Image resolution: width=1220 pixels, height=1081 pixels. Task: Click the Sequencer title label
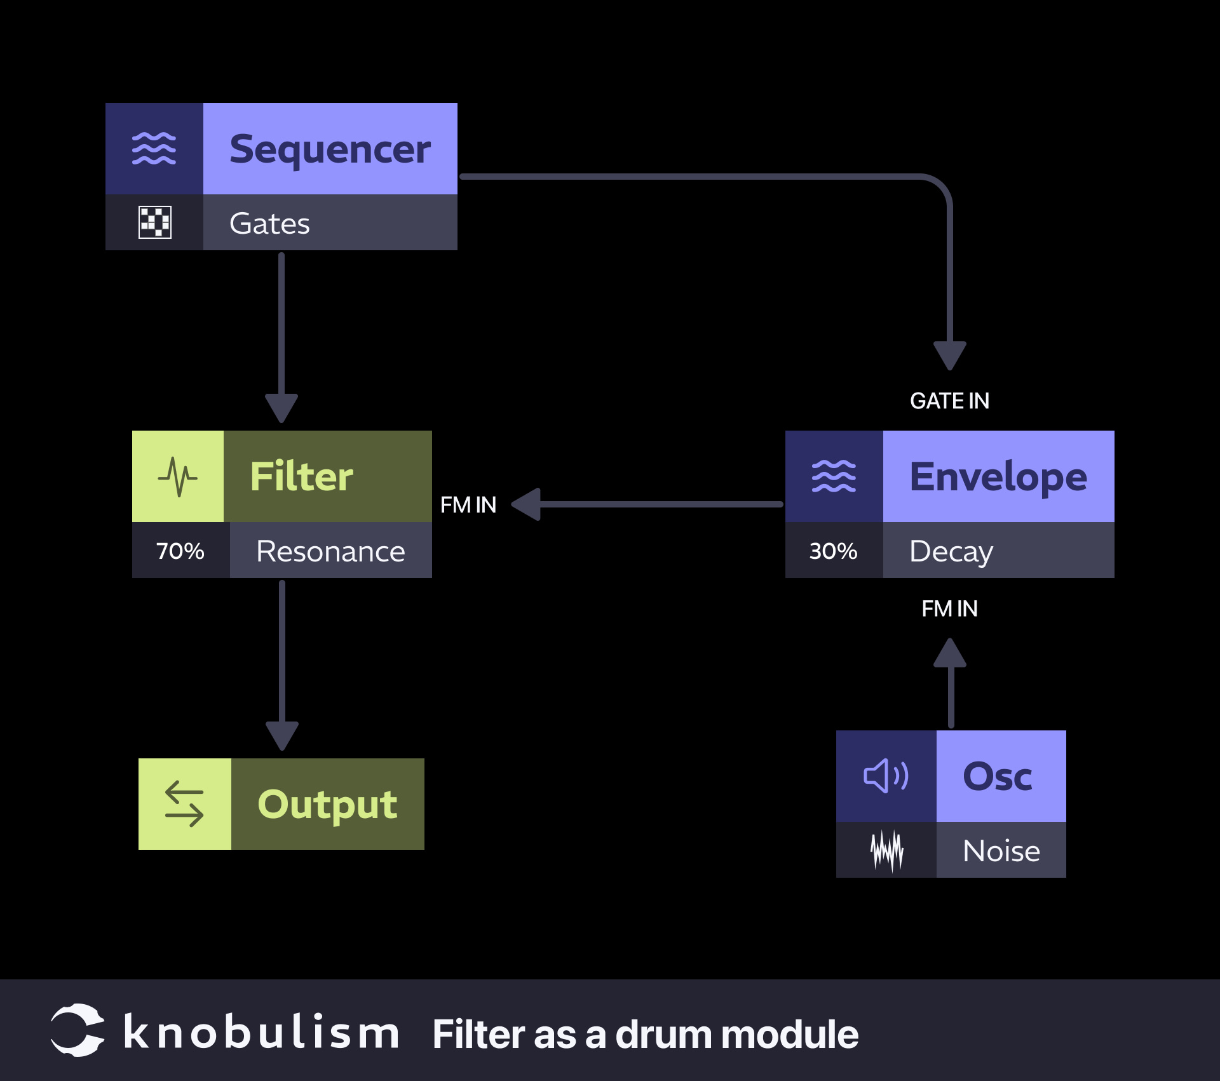click(x=330, y=149)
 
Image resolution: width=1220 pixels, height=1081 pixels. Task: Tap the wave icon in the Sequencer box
click(x=154, y=149)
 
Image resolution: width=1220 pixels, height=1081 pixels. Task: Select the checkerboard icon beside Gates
click(x=154, y=222)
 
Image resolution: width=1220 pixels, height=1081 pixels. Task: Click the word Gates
click(x=269, y=224)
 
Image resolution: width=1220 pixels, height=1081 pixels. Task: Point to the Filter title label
click(x=301, y=476)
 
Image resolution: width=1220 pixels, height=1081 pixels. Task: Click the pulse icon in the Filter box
click(x=178, y=476)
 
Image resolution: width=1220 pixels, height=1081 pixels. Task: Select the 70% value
click(x=180, y=551)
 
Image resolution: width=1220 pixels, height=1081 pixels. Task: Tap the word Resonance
click(x=330, y=551)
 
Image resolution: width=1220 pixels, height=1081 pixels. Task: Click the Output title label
click(x=327, y=804)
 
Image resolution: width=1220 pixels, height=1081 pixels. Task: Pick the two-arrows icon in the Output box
click(x=184, y=804)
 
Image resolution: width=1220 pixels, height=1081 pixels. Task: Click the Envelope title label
click(x=998, y=476)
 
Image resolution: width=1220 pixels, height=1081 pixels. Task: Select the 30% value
click(x=833, y=551)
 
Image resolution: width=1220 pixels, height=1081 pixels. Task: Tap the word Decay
click(x=951, y=551)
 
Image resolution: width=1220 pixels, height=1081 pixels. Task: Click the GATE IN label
click(x=949, y=401)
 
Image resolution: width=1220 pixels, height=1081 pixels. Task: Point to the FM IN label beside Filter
click(x=468, y=505)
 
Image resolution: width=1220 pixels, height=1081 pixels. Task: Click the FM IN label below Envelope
click(x=949, y=608)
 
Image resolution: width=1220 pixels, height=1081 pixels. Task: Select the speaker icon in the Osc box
click(x=886, y=776)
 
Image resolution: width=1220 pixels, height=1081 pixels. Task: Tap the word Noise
click(x=1001, y=850)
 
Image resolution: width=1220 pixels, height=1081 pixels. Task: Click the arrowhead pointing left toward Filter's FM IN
click(x=527, y=504)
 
